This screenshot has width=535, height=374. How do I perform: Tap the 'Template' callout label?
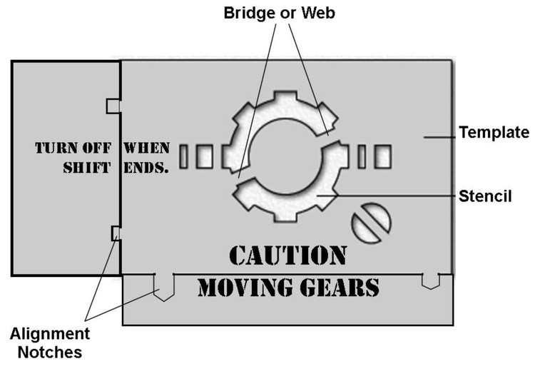[494, 132]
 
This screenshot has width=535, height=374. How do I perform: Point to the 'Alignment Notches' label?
[50, 342]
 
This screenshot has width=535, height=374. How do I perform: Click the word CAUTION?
[288, 255]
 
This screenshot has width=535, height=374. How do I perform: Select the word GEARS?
[340, 288]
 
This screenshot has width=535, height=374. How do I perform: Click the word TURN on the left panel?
[57, 149]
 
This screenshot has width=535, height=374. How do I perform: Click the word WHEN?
[147, 149]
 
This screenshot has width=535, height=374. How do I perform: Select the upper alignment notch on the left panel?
[113, 106]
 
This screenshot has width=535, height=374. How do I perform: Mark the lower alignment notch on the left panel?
[116, 233]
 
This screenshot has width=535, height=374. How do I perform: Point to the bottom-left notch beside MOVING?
[163, 285]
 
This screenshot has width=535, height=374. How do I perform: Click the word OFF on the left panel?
[98, 149]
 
